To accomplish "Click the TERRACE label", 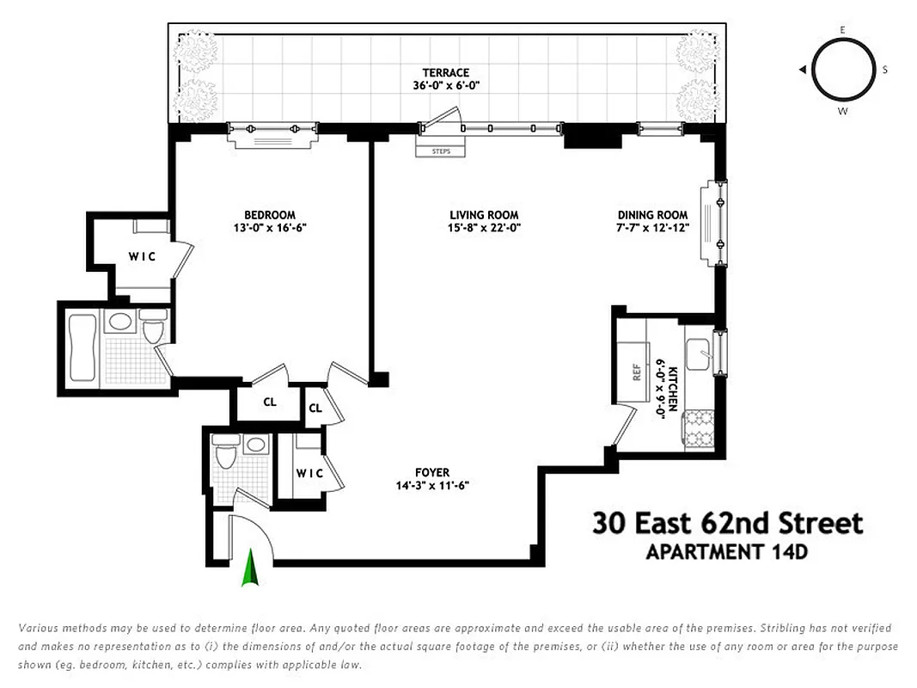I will (x=445, y=72).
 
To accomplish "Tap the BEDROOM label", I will (x=269, y=215).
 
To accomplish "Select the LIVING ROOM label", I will (x=484, y=215).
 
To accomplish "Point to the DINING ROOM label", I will (x=652, y=215).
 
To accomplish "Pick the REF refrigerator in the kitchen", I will (x=637, y=372).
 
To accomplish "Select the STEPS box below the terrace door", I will (x=440, y=151).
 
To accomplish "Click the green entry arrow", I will (x=250, y=568).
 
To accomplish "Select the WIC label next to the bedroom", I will (x=142, y=256).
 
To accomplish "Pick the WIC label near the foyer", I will (x=309, y=473).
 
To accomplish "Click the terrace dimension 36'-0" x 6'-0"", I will (x=445, y=85).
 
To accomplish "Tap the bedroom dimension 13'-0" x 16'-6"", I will (x=269, y=228).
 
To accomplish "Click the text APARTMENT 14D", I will (x=726, y=552).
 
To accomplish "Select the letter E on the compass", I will (x=842, y=30).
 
